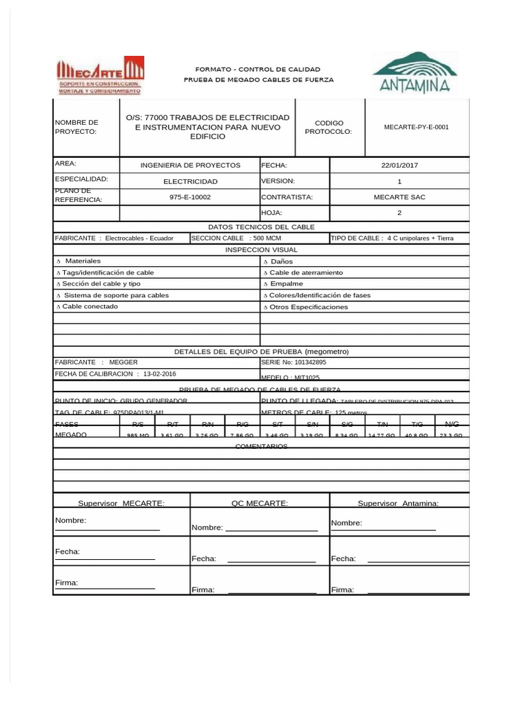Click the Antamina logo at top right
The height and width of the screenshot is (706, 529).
[414, 72]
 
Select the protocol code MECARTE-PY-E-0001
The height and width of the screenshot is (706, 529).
[416, 127]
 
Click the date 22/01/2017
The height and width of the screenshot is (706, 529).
[399, 165]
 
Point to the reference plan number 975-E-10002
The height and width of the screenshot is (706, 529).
[189, 197]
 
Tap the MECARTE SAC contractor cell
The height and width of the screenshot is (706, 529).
[399, 197]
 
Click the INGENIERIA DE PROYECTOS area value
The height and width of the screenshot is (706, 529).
[190, 165]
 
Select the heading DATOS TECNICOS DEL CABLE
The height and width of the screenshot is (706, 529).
[261, 227]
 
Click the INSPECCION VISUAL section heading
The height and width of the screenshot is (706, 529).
[261, 250]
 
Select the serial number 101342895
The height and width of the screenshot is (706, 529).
[293, 362]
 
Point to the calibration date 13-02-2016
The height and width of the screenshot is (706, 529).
[159, 374]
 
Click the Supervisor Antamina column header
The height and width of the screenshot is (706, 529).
[398, 503]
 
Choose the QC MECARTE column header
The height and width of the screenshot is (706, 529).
[260, 503]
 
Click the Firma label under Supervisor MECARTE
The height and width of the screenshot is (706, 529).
[66, 583]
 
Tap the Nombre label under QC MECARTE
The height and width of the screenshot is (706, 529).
[207, 527]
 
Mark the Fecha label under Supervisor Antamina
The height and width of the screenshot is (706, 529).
[343, 558]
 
